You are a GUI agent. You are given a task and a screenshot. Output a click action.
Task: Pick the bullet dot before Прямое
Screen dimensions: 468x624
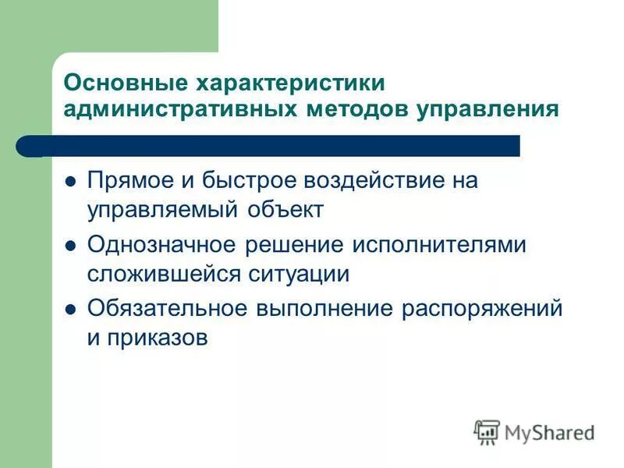(70, 182)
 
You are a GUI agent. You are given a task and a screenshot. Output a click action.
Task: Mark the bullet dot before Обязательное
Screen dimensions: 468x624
(70, 309)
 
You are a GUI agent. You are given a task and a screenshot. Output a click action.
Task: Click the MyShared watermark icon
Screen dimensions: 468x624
(487, 431)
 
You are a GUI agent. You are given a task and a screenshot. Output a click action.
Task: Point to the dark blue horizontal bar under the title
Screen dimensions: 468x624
(281, 146)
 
